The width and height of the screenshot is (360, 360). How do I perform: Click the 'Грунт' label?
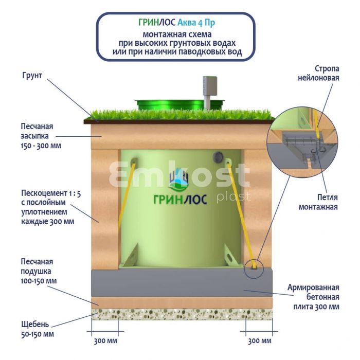pos(32,75)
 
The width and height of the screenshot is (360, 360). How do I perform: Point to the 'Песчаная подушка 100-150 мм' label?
pos(39,272)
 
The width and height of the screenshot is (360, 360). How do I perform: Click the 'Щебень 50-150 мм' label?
pos(37,329)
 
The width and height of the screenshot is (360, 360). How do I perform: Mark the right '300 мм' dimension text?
pos(259,341)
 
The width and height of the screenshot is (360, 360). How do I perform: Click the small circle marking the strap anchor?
pos(255,267)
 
